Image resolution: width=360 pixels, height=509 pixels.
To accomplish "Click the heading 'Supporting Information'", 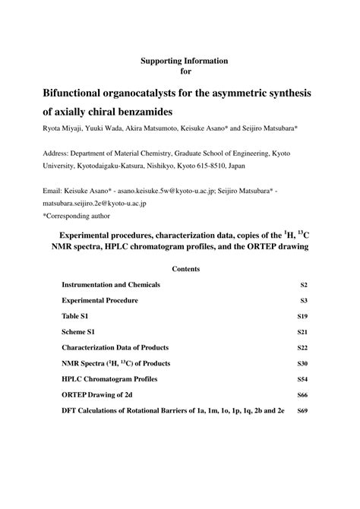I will [x=185, y=59].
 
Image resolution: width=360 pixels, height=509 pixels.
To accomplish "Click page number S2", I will [x=304, y=285].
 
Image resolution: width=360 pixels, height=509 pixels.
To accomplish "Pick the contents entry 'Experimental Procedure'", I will [x=99, y=301].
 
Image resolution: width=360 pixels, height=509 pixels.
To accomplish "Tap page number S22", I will [x=302, y=348].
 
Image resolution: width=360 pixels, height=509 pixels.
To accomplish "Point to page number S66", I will [x=302, y=395].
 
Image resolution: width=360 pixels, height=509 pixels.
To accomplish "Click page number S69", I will [x=302, y=411].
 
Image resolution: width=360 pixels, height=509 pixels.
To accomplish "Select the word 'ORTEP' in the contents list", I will [x=76, y=395].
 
